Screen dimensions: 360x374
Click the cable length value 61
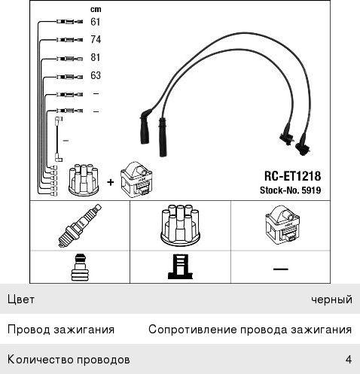click(x=96, y=22)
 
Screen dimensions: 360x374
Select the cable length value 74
click(x=96, y=39)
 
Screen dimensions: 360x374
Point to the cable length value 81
click(x=96, y=57)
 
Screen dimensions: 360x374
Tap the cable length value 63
click(x=96, y=75)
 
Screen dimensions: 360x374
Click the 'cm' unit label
click(x=96, y=10)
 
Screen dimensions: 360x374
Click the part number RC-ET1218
click(x=292, y=176)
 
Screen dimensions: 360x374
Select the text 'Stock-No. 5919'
click(x=291, y=190)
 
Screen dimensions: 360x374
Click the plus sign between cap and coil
click(x=111, y=182)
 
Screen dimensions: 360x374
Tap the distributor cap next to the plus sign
click(x=84, y=180)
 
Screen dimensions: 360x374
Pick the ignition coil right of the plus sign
click(x=137, y=180)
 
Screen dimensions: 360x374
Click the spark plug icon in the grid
click(x=80, y=226)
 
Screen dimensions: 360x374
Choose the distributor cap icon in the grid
click(x=180, y=226)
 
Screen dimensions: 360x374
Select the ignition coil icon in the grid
click(x=282, y=225)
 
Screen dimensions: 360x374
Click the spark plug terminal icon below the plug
click(x=80, y=267)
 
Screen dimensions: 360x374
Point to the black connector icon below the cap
click(x=180, y=267)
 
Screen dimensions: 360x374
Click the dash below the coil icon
click(x=281, y=269)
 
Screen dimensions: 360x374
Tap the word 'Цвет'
click(x=21, y=300)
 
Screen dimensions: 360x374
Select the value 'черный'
click(x=331, y=300)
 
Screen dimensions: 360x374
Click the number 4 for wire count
click(x=349, y=360)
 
